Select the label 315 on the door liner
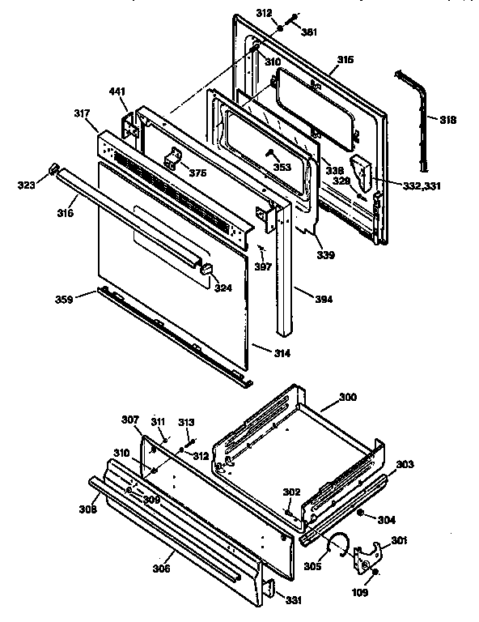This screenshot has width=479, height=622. coord(345,61)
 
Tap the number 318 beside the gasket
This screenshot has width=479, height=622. coord(447,120)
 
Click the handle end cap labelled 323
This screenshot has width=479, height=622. coord(53,168)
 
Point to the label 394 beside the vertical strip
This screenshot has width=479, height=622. coord(324,299)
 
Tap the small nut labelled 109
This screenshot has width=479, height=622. coord(376,573)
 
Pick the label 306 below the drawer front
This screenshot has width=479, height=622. coord(184,569)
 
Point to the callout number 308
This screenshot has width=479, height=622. coord(87,509)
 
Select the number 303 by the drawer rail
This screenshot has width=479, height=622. coord(405,464)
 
